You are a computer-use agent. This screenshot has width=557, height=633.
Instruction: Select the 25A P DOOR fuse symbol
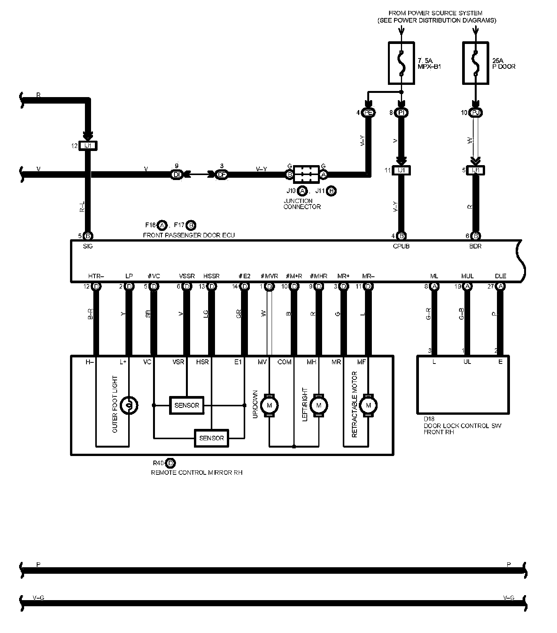tap(476, 63)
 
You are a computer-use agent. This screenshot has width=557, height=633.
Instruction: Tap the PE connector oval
tap(369, 112)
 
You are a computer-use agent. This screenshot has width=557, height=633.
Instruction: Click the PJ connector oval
tap(476, 112)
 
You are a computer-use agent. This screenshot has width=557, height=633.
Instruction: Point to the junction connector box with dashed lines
tap(306, 175)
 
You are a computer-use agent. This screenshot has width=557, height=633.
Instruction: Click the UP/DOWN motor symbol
tap(269, 405)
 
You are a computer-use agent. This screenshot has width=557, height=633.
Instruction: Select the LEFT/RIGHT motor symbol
tap(319, 405)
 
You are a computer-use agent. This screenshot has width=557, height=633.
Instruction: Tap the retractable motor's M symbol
tap(368, 405)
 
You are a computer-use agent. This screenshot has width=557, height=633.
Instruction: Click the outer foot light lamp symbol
tap(129, 405)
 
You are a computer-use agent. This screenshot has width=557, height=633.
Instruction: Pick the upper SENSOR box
tap(187, 405)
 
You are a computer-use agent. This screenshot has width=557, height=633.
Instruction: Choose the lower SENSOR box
tap(212, 438)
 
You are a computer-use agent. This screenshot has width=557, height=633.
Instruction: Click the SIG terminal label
tap(88, 246)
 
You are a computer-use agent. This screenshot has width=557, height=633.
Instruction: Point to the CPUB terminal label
tap(401, 246)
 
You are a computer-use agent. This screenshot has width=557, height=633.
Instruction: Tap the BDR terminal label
tap(475, 246)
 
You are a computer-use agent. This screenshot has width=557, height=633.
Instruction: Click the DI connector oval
tap(176, 175)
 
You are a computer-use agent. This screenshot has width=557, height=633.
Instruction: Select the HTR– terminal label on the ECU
tap(96, 276)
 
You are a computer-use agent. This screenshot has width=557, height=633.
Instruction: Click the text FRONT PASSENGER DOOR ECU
tap(189, 235)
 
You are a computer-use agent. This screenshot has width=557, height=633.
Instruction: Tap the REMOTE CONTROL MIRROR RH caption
tap(197, 472)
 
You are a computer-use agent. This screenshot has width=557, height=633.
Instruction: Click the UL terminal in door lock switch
tap(467, 362)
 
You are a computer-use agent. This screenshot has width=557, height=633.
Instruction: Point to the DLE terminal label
tap(500, 276)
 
